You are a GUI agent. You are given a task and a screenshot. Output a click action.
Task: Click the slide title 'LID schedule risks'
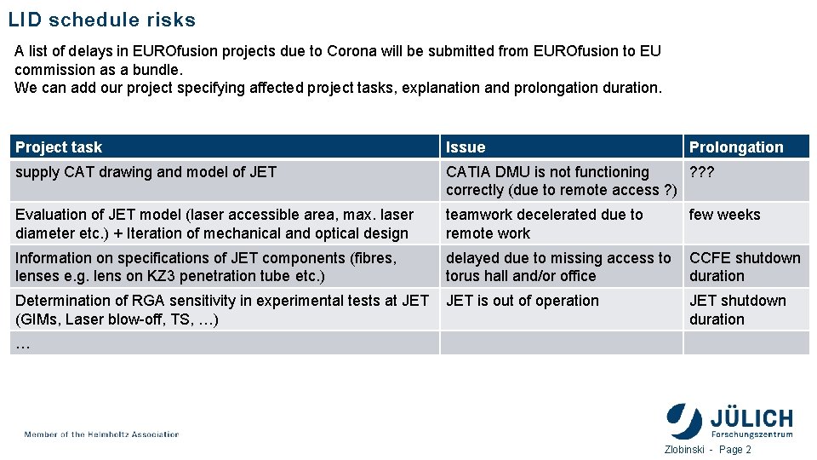(102, 20)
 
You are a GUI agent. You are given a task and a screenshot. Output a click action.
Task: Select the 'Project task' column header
(59, 147)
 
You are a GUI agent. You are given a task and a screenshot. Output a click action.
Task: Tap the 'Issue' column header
(466, 147)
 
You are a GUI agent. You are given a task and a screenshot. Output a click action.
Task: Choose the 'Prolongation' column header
(736, 147)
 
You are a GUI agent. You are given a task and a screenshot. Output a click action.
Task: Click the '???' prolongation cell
(702, 172)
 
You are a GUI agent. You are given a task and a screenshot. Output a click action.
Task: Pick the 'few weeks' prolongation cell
(724, 215)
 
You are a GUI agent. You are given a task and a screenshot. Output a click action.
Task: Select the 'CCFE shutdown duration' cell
(745, 267)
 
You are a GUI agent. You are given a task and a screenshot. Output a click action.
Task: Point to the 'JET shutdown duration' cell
(737, 309)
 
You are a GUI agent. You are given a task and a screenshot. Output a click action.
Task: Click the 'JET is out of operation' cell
(523, 301)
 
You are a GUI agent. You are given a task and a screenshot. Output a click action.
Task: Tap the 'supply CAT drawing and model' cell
(146, 172)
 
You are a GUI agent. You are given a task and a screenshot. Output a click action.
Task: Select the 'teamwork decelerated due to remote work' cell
(544, 223)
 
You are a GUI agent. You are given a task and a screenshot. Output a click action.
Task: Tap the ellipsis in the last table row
(23, 344)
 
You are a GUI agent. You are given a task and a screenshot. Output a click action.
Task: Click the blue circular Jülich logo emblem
(684, 421)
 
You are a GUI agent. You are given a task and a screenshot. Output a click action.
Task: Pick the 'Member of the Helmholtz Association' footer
(102, 434)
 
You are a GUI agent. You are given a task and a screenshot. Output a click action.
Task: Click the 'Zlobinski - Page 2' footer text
(707, 450)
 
